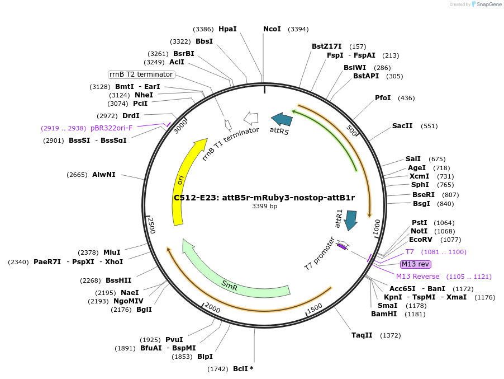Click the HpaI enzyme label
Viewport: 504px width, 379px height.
pyautogui.click(x=227, y=29)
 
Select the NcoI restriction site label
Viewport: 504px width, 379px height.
pyautogui.click(x=272, y=29)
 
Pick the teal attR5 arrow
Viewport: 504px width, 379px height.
pyautogui.click(x=282, y=119)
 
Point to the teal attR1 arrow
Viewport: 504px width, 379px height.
pyautogui.click(x=351, y=220)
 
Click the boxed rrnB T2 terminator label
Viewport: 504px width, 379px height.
pyautogui.click(x=141, y=74)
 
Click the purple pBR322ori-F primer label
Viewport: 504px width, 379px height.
pyautogui.click(x=112, y=128)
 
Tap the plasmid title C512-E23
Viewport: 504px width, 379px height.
pyautogui.click(x=264, y=197)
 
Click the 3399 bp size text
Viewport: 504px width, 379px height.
pyautogui.click(x=264, y=207)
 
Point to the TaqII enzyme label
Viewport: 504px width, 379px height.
pyautogui.click(x=362, y=335)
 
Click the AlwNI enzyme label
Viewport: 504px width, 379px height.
pyautogui.click(x=104, y=175)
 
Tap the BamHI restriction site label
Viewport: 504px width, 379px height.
pyautogui.click(x=384, y=314)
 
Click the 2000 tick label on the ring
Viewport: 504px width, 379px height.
pyautogui.click(x=213, y=307)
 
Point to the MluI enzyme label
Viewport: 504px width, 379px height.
pyautogui.click(x=112, y=252)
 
